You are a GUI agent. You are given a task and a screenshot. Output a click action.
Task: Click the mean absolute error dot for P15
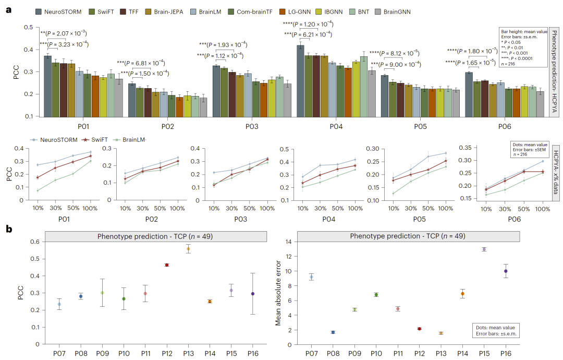(484, 249)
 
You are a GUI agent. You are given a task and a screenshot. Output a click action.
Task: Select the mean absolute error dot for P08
(333, 332)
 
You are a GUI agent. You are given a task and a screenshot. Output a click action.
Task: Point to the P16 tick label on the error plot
(506, 353)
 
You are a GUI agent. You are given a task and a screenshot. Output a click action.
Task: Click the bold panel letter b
(9, 229)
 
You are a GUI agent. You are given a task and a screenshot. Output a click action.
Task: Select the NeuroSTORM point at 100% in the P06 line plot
(542, 161)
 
